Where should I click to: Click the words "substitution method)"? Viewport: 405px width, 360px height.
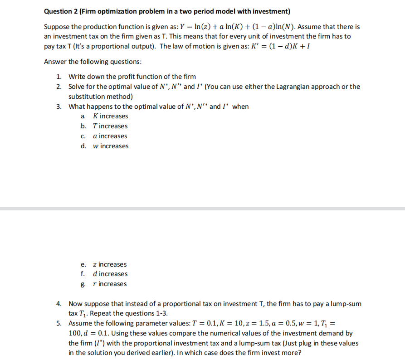pos(101,96)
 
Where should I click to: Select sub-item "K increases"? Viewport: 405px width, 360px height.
pos(110,116)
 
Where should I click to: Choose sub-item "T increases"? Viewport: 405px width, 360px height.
pos(110,126)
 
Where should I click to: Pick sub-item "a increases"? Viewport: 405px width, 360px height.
pos(110,136)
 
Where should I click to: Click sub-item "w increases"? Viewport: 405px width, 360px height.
pos(110,146)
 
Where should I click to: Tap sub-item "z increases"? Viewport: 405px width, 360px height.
pos(109,264)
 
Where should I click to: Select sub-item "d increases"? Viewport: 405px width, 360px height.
pos(110,274)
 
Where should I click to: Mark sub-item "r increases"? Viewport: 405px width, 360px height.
pos(109,284)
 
